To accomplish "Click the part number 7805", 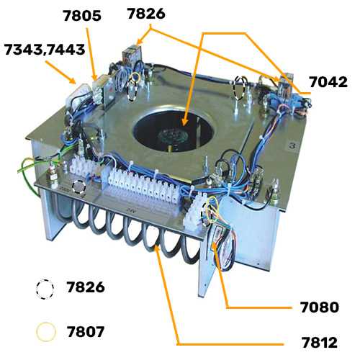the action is point(82,16).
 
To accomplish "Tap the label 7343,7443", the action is point(45,50).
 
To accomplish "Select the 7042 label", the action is point(328,82).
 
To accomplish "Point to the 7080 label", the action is point(320,307).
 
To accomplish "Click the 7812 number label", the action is point(320,343).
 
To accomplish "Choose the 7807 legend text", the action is point(86,332).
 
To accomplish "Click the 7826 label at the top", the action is point(146,14).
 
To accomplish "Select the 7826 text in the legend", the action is point(86,287).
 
